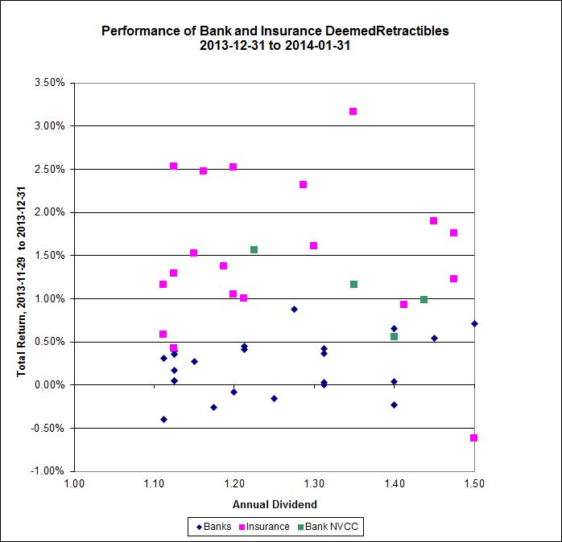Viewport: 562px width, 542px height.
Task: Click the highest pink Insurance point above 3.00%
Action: pyautogui.click(x=353, y=111)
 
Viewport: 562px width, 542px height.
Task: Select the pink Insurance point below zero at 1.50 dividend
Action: pyautogui.click(x=474, y=437)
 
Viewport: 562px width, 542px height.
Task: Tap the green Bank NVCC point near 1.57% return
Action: pyautogui.click(x=254, y=249)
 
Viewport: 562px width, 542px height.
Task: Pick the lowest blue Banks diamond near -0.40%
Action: pyautogui.click(x=163, y=419)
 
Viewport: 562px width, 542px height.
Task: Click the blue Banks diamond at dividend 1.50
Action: pyautogui.click(x=474, y=323)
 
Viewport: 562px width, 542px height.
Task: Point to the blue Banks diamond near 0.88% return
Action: pyautogui.click(x=294, y=309)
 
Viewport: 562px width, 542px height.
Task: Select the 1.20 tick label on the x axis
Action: pyautogui.click(x=233, y=485)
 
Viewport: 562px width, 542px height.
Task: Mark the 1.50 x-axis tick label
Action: pyautogui.click(x=474, y=485)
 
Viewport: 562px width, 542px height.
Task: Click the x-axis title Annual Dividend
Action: pyautogui.click(x=275, y=504)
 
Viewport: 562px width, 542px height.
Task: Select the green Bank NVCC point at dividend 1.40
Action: pyautogui.click(x=394, y=336)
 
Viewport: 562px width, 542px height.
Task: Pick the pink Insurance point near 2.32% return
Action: pyautogui.click(x=303, y=184)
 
